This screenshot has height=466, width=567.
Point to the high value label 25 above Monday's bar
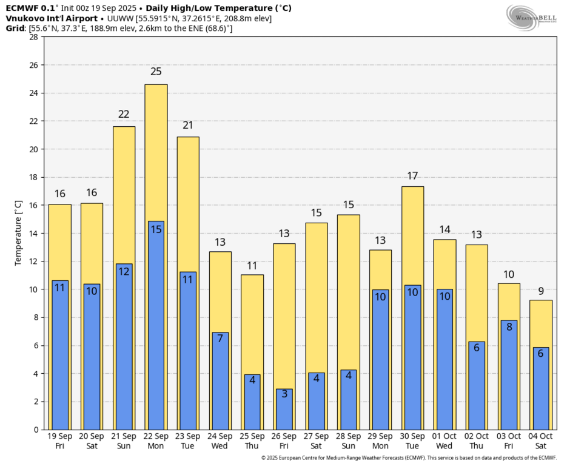coord(156,72)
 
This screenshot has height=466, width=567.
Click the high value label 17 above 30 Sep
coord(412,176)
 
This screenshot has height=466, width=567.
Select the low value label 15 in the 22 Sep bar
coord(156,229)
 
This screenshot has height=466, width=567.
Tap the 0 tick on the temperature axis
coord(36,430)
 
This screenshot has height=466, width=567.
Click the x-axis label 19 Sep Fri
coord(60,441)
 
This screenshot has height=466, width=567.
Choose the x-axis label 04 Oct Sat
coord(540,441)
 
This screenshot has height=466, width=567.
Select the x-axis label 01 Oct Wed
coord(445,441)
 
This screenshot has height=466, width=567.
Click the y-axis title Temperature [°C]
coord(18,234)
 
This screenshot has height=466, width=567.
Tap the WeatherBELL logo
coord(531,17)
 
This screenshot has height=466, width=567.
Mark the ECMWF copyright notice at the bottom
coord(408,458)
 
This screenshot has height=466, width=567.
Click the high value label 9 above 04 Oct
coord(540,291)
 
